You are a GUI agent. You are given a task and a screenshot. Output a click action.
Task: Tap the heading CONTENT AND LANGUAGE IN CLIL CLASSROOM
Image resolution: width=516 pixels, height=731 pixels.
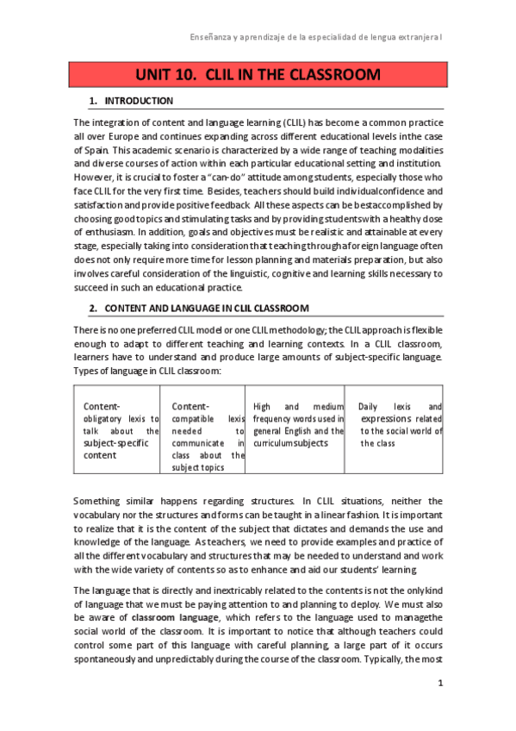(x=207, y=308)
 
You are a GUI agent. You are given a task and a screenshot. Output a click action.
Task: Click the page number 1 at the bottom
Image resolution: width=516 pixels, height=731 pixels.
(x=439, y=684)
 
